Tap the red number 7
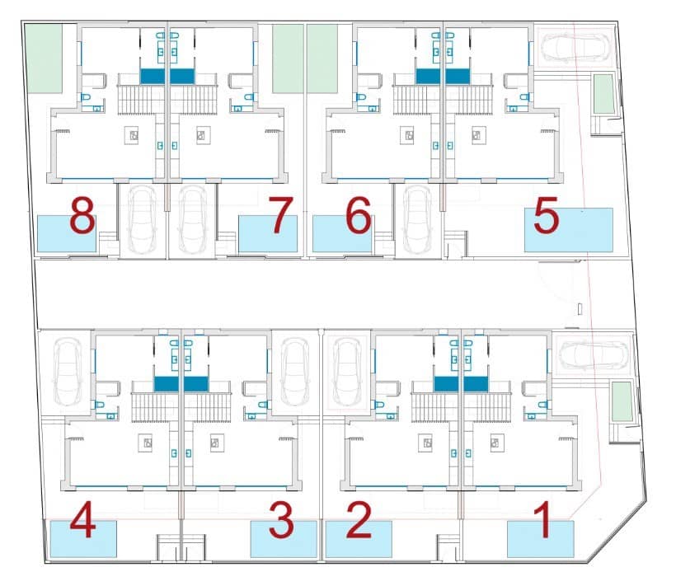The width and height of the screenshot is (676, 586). pos(281,216)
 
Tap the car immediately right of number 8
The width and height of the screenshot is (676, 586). pos(143,218)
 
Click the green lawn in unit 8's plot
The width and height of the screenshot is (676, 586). pos(45,58)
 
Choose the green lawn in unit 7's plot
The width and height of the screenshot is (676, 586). pos(288,58)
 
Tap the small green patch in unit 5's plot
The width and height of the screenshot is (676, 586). pos(604,94)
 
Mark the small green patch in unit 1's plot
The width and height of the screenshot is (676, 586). pos(622,401)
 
